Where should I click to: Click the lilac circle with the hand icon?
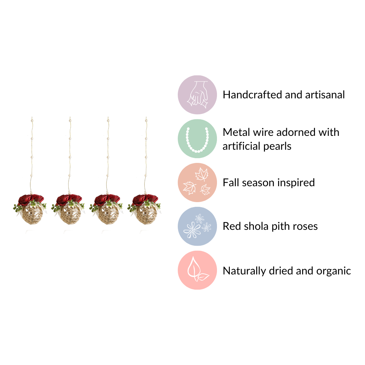[197, 95]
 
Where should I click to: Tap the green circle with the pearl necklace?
[197, 139]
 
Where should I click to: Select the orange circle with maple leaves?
[197, 182]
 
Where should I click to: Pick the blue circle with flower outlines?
[197, 226]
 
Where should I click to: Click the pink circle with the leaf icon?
[197, 270]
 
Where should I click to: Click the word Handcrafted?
[252, 95]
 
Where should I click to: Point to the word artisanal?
[325, 95]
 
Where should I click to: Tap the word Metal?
[236, 132]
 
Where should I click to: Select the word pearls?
[277, 147]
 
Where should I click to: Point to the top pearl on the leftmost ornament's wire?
[32, 121]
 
